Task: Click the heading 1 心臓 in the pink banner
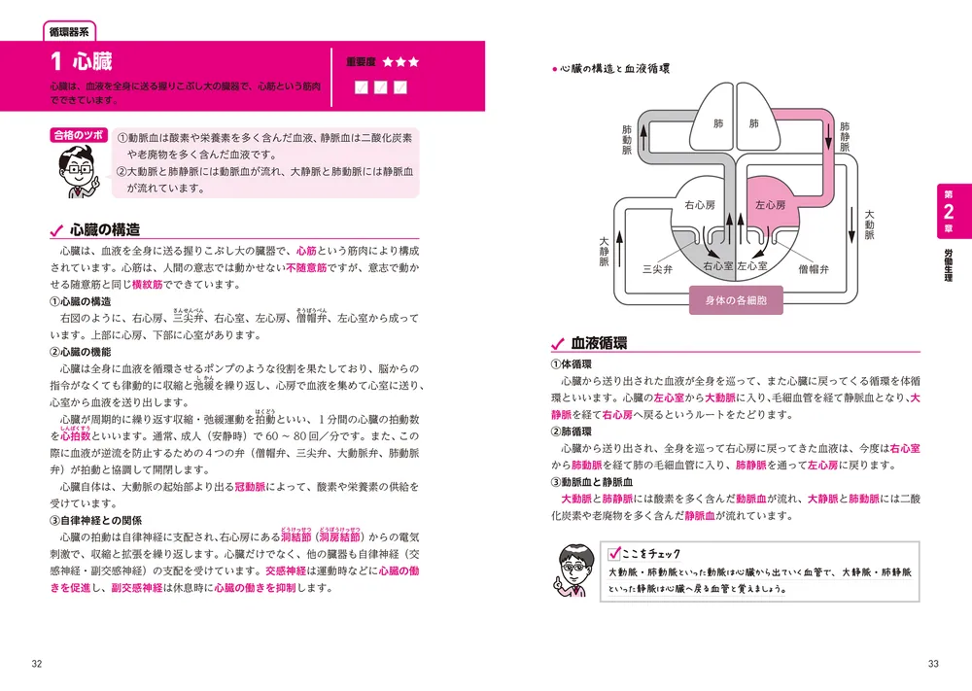(x=83, y=63)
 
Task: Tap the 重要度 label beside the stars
(x=361, y=61)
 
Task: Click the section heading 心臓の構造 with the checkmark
(x=105, y=230)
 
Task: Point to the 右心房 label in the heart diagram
(x=699, y=205)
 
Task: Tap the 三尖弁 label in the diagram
(x=659, y=268)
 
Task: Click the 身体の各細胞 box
(x=736, y=300)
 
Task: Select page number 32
(x=37, y=664)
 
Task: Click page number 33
(x=934, y=664)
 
